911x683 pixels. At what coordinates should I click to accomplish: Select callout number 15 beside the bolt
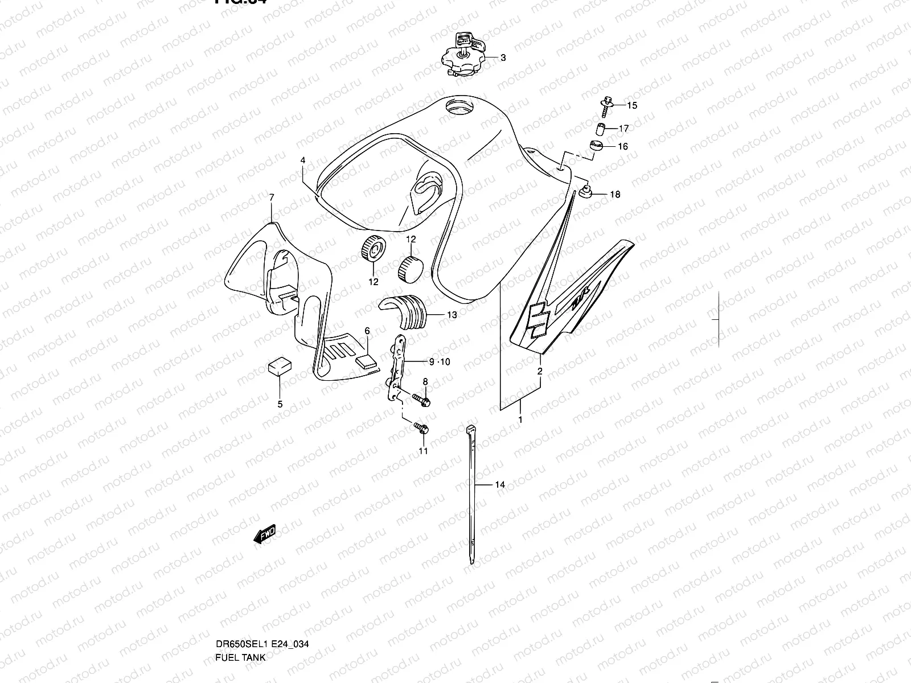(633, 105)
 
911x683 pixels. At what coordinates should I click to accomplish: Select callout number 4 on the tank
(303, 161)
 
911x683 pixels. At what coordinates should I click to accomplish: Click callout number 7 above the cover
(272, 198)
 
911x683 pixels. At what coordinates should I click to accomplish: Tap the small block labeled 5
(279, 367)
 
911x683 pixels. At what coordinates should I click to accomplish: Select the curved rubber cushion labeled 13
(402, 312)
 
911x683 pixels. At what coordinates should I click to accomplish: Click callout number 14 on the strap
(500, 485)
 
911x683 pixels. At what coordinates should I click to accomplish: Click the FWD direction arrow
(265, 535)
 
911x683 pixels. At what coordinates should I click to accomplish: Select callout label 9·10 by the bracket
(439, 361)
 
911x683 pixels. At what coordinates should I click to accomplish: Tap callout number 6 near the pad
(367, 331)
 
